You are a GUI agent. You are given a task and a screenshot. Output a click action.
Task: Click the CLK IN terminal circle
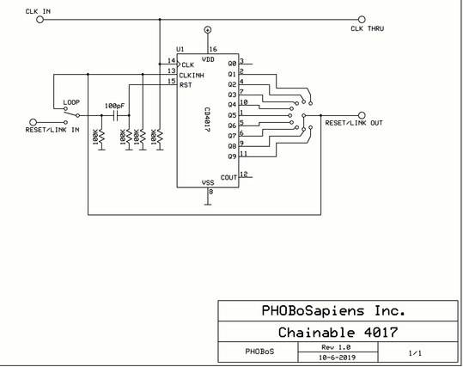tap(40, 20)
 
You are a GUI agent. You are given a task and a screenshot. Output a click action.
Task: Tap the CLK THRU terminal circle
tap(362, 20)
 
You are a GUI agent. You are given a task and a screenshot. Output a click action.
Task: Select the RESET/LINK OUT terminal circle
tap(362, 115)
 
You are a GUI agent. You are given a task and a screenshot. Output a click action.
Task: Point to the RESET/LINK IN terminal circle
tap(34, 122)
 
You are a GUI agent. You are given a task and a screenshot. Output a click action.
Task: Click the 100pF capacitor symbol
tap(115, 115)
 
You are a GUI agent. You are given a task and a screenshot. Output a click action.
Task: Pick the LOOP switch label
tap(71, 102)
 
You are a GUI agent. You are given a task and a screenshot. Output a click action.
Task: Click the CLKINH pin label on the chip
tap(192, 76)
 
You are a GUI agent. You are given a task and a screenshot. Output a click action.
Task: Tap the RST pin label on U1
tap(186, 85)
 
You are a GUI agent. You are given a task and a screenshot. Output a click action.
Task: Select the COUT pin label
tap(228, 177)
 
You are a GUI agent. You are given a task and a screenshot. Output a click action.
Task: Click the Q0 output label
tap(233, 64)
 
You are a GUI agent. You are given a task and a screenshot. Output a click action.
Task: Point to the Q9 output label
tap(233, 156)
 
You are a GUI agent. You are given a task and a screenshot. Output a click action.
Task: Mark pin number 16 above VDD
tap(213, 49)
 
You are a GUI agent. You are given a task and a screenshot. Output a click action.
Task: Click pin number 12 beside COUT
tap(244, 174)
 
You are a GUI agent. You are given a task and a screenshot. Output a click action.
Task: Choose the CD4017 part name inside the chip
tap(207, 119)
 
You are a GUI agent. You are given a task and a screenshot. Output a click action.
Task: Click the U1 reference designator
tap(180, 49)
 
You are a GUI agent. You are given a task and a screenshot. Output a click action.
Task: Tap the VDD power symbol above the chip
tap(208, 29)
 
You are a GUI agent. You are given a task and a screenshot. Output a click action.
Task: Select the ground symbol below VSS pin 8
tap(208, 204)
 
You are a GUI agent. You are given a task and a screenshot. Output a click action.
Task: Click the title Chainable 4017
tap(338, 332)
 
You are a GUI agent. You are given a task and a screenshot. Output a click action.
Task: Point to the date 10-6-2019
tap(338, 358)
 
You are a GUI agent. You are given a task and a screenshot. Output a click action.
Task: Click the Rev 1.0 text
tap(336, 347)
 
